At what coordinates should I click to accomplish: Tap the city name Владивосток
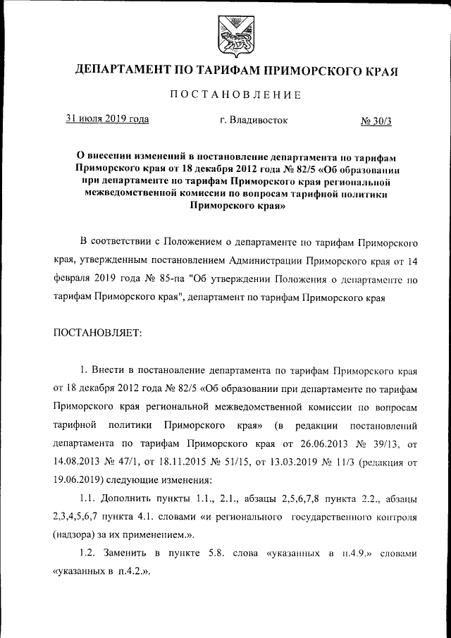(x=254, y=121)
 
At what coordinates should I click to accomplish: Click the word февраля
(x=74, y=279)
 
